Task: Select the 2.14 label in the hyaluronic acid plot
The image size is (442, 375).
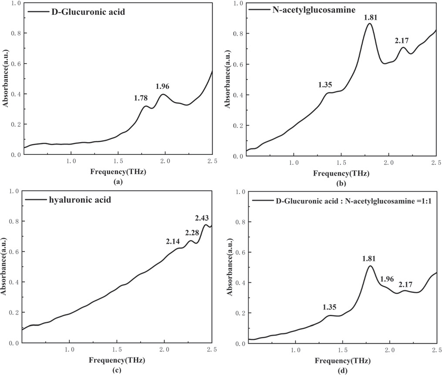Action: (173, 241)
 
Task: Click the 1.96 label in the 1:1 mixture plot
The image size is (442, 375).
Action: (389, 279)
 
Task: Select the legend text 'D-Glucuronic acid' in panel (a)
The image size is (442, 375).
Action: (81, 12)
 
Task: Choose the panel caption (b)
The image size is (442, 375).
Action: (342, 184)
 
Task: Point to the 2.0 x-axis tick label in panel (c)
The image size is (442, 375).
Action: (164, 350)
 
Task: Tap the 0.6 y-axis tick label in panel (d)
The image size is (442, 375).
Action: (240, 252)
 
